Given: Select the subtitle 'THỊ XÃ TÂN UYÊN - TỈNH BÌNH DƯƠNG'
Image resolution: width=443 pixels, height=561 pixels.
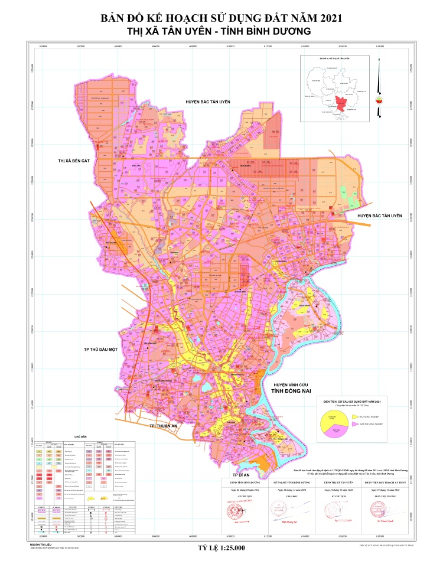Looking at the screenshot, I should [221, 31].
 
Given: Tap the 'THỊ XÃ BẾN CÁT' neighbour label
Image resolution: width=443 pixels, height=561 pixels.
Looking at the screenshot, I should [77, 161].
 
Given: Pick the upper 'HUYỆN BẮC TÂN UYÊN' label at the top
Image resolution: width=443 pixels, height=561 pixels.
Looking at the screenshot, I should [206, 102].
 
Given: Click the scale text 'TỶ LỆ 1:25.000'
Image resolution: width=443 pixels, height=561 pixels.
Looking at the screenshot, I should [221, 547].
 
